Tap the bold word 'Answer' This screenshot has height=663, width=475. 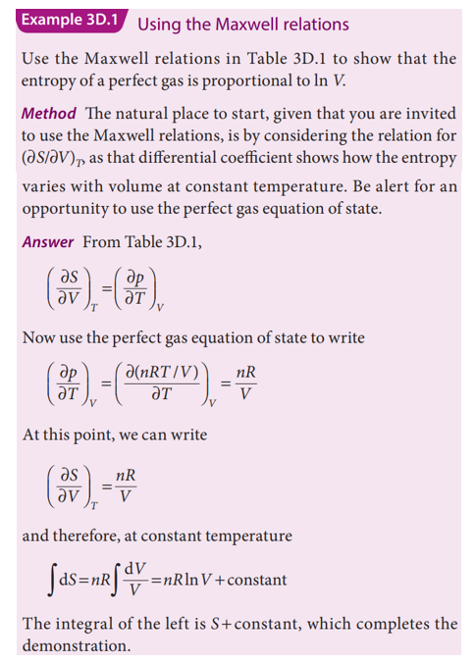48,240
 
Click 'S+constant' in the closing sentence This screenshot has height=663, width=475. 266,624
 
